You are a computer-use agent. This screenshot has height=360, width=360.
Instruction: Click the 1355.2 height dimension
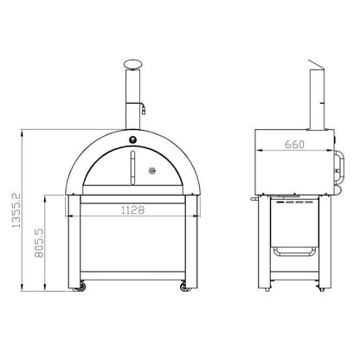point(16,210)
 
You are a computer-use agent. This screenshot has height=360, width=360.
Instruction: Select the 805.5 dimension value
point(39,243)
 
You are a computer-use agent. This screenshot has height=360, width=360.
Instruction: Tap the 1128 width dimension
point(132,210)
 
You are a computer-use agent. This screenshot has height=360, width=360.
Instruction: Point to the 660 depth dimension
point(294,145)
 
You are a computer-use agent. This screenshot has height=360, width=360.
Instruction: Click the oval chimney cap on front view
point(132,64)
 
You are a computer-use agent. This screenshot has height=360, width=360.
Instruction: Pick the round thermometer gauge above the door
point(132,140)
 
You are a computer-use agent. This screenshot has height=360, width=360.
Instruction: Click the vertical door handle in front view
point(132,168)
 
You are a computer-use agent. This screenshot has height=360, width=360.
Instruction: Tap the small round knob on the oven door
point(152,170)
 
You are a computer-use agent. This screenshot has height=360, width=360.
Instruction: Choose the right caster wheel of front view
point(185,286)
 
